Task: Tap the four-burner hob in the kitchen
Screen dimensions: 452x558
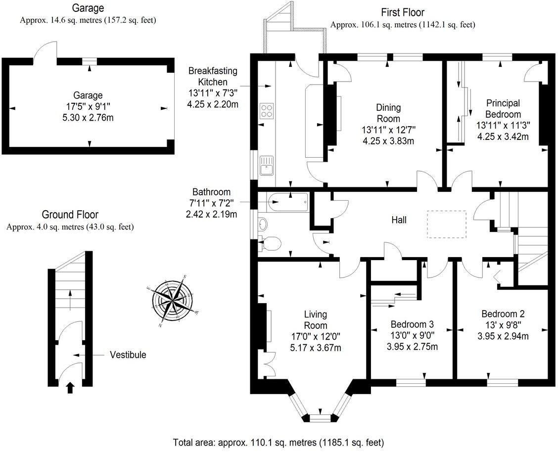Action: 267,111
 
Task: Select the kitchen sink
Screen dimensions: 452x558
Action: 266,165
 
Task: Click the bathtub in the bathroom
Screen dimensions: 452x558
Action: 288,202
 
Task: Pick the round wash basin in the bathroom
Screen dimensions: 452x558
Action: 262,224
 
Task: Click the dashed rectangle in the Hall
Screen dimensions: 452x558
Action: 446,224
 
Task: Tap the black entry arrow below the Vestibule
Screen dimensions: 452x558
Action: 70,387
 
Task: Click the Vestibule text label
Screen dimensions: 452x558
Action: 128,355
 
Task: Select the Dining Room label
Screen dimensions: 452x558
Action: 388,113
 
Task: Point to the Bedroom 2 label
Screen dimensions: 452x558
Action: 503,314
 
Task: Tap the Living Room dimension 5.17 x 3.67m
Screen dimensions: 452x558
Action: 315,347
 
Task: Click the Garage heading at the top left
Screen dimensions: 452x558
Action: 88,8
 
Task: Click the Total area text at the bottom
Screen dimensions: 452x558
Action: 279,442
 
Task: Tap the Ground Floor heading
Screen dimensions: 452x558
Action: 70,215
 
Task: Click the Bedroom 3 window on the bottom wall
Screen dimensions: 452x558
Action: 411,382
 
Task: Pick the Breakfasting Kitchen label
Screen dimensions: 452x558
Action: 212,76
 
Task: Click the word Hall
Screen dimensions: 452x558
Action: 399,220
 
